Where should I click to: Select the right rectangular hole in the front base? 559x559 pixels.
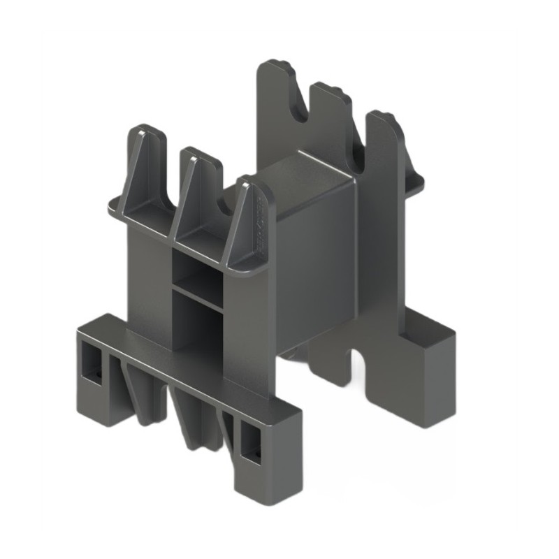(x=249, y=444)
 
